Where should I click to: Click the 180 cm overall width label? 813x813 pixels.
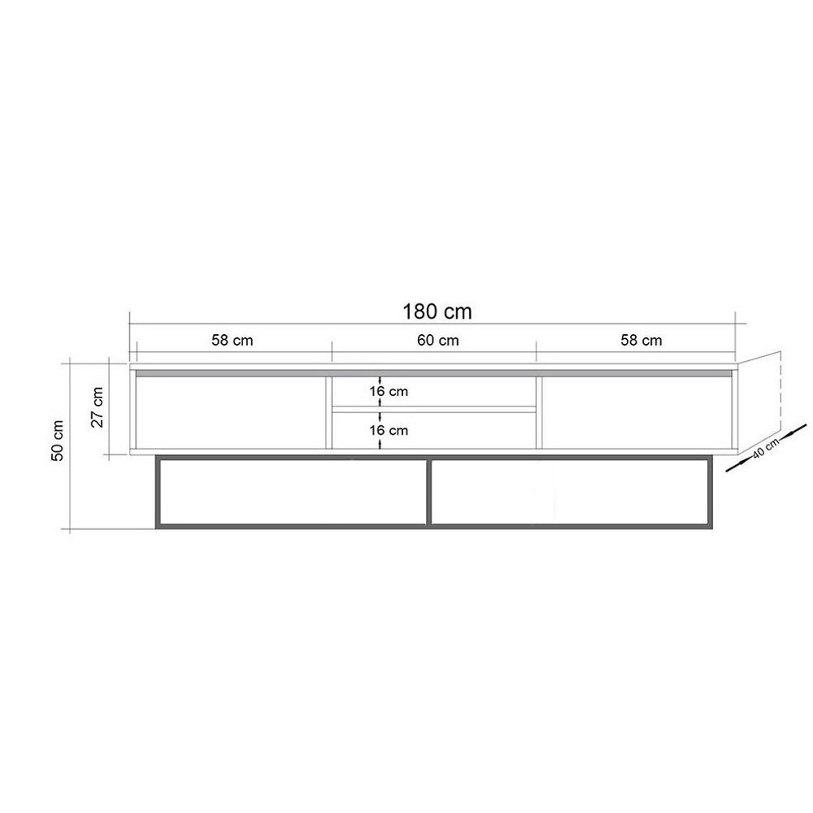point(437,311)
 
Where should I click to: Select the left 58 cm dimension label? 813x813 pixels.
point(233,341)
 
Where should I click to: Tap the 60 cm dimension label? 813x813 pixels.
point(438,341)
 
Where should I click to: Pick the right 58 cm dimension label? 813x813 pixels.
point(641,341)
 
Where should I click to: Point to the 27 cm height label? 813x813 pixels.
point(97,407)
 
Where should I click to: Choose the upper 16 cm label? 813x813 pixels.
point(389,392)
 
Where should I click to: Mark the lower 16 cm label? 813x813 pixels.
point(389,430)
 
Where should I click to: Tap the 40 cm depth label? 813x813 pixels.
point(766,448)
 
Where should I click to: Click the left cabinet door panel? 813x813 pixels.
point(231,412)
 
